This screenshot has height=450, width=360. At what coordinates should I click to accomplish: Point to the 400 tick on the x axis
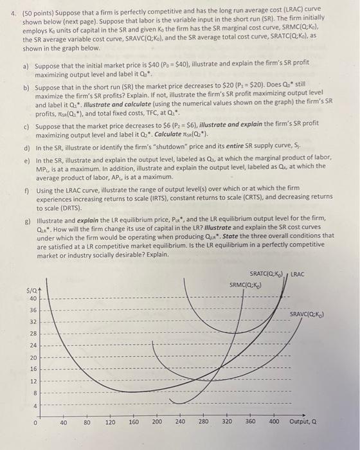point(273,424)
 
